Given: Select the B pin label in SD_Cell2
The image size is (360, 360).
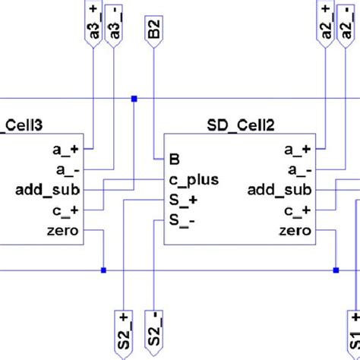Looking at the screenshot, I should click(x=174, y=159).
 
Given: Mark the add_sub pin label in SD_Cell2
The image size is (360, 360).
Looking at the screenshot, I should click(x=279, y=190).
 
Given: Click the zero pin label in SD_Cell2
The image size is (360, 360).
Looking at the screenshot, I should click(x=295, y=231).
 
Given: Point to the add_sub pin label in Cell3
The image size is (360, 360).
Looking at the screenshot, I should click(x=49, y=190).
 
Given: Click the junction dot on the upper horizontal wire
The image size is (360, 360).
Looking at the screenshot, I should click(x=134, y=99).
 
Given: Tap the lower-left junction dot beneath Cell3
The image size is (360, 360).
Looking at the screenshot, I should click(x=103, y=270).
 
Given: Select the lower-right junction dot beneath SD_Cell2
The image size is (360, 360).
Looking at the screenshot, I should click(x=335, y=270).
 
